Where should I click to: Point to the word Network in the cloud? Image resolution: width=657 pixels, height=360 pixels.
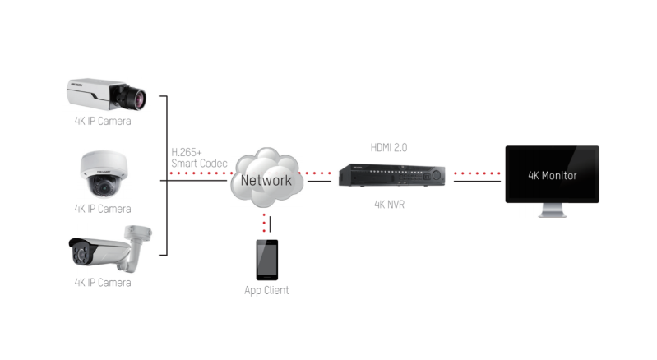coord(266,180)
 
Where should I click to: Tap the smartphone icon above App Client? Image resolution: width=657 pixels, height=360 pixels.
coord(266,260)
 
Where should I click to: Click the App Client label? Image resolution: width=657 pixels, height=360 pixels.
coord(266,290)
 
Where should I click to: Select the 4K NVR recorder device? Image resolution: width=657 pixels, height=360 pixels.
coord(391,175)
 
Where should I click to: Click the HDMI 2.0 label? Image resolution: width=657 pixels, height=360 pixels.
coord(389,147)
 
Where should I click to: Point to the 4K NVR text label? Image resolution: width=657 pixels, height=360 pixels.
coord(389,205)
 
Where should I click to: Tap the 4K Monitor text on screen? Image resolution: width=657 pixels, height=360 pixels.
coord(552,175)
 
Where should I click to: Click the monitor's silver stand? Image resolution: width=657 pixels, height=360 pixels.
coord(552,210)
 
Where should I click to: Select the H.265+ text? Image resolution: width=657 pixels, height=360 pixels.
coord(187,152)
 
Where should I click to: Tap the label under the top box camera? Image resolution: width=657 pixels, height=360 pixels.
coord(103,122)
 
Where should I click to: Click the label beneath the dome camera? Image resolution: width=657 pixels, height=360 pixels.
coord(103,209)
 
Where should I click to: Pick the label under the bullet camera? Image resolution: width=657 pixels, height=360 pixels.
coord(103,283)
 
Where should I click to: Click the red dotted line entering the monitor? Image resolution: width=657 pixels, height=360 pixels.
coord(477,174)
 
